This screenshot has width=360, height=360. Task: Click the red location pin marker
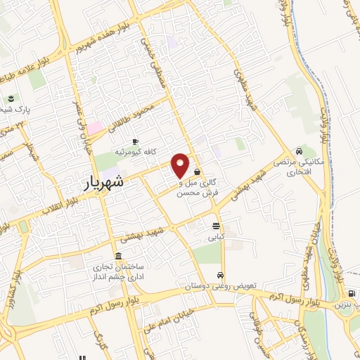(x=181, y=165)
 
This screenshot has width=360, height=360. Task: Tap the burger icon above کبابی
(x=215, y=226)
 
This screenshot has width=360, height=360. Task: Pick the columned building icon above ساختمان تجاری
(x=117, y=256)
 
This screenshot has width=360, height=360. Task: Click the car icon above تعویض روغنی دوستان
(x=221, y=275)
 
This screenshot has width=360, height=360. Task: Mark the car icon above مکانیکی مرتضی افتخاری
(x=300, y=150)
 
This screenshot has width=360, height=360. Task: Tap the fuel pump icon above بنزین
(x=350, y=294)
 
